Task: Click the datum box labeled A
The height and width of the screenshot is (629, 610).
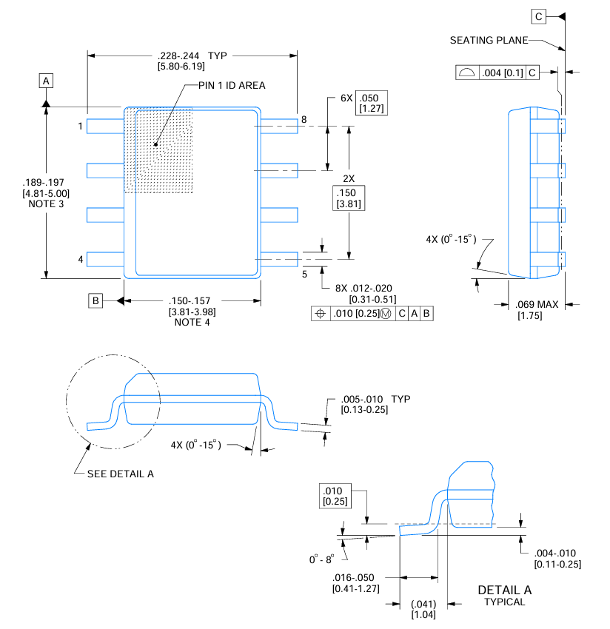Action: [46, 80]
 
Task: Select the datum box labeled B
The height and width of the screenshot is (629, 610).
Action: [95, 300]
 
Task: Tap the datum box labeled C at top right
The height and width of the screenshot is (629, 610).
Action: [538, 16]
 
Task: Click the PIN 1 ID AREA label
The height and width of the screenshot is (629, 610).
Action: [231, 85]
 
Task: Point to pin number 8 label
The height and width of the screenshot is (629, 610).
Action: [304, 120]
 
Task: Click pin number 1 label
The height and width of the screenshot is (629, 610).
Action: [80, 127]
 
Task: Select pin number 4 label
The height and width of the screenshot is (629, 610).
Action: [80, 259]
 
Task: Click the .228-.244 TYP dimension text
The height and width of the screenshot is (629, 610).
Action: [192, 55]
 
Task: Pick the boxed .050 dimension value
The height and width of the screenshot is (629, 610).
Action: [372, 98]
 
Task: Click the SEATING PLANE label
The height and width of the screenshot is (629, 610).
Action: [489, 40]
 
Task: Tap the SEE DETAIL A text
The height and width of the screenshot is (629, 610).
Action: [120, 474]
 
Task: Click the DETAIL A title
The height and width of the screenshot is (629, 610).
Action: [504, 590]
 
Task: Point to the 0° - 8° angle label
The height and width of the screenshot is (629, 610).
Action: [322, 559]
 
